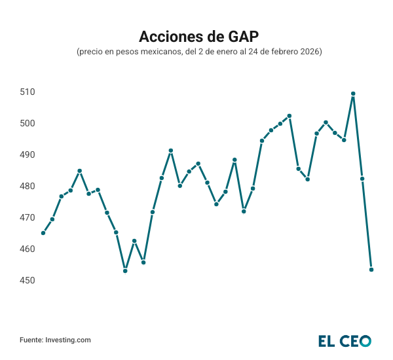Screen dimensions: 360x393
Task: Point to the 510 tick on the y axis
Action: pos(28,92)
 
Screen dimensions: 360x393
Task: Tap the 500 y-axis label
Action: pos(28,123)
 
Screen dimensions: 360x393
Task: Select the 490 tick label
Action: pos(28,154)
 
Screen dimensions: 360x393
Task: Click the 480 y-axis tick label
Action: pos(28,186)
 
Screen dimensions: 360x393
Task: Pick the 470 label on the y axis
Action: pos(28,217)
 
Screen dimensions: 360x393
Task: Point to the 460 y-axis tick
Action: pos(28,249)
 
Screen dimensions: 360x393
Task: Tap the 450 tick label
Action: pos(28,280)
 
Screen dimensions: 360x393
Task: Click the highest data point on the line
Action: pos(353,94)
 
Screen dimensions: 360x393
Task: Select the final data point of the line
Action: pos(371,270)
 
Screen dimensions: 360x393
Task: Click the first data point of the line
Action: pos(43,233)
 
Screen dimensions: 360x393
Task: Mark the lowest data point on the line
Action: pos(125,271)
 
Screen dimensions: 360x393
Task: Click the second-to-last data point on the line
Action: pos(362,179)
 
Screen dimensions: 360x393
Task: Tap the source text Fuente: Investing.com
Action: pos(55,340)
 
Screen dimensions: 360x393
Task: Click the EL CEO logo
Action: pos(345,340)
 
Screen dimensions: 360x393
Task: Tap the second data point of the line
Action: pos(52,219)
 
